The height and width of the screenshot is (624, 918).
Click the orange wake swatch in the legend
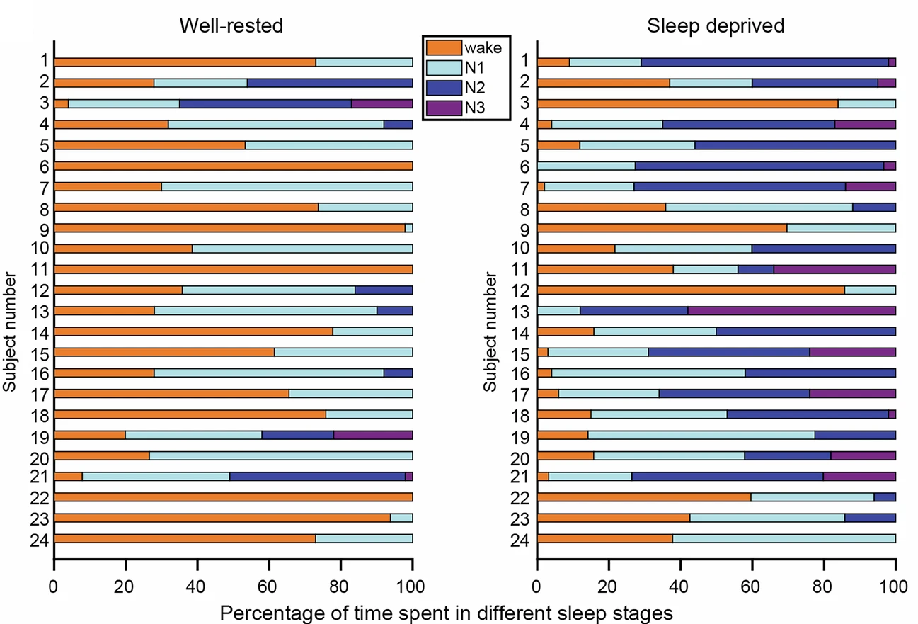pyautogui.click(x=443, y=48)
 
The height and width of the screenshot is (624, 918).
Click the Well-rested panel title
pyautogui.click(x=231, y=26)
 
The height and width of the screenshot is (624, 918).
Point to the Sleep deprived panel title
pyautogui.click(x=716, y=26)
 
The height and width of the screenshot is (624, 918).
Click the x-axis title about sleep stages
pyautogui.click(x=445, y=611)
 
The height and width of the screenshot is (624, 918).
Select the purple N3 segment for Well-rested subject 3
pyautogui.click(x=382, y=103)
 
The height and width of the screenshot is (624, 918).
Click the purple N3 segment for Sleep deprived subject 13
pyautogui.click(x=791, y=311)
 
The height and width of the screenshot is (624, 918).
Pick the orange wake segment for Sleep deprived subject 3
pyautogui.click(x=687, y=103)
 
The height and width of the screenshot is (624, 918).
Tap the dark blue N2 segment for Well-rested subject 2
pyautogui.click(x=330, y=83)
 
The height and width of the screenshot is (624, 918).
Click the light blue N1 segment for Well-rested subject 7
pyautogui.click(x=287, y=186)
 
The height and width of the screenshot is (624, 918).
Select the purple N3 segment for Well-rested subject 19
pyautogui.click(x=373, y=435)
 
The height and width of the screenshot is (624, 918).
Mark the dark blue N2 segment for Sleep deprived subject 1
pyautogui.click(x=764, y=62)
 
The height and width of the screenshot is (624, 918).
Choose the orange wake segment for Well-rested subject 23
pyautogui.click(x=222, y=518)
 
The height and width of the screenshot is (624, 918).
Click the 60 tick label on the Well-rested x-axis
pyautogui.click(x=268, y=586)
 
